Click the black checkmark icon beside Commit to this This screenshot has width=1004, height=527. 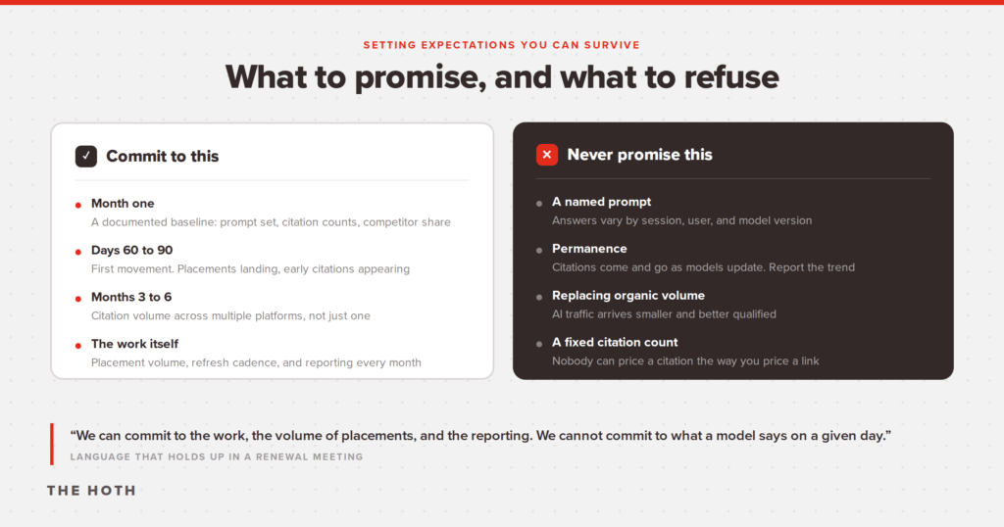(x=86, y=156)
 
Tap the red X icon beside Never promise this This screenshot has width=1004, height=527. (x=547, y=154)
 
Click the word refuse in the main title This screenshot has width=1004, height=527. (x=731, y=76)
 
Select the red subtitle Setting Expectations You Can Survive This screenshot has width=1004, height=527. (x=501, y=45)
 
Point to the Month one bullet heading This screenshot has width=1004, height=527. (x=123, y=204)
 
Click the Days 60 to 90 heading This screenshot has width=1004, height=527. (x=132, y=250)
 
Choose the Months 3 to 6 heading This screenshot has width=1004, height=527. (x=131, y=297)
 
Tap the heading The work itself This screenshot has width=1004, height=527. (x=134, y=344)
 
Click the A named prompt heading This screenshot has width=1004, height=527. (x=601, y=202)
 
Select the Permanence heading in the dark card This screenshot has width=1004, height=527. (x=589, y=249)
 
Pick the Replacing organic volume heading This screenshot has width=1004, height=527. (x=628, y=296)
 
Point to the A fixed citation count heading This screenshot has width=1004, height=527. (x=615, y=342)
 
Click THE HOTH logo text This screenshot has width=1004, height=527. (x=91, y=491)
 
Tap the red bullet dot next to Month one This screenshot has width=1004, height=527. (x=78, y=206)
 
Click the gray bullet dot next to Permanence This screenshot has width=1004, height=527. (x=539, y=250)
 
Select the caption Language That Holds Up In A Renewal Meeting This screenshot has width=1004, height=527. (x=217, y=456)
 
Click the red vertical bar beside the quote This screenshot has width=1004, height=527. (x=52, y=444)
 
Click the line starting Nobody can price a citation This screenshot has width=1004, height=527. (x=685, y=361)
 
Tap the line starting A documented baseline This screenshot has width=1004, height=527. (x=271, y=222)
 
